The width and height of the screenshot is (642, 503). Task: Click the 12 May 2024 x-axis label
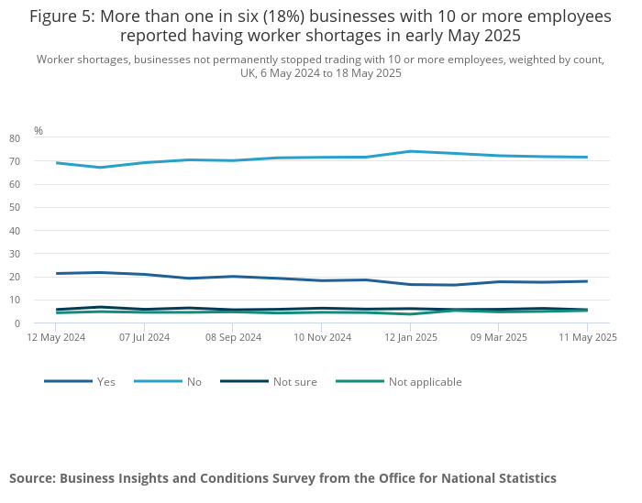tap(56, 337)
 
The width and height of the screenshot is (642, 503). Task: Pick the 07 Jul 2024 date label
tap(143, 337)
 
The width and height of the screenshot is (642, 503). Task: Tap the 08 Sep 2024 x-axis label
tap(233, 337)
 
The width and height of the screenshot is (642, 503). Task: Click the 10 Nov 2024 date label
tap(322, 337)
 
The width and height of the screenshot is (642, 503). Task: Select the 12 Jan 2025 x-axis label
tap(411, 337)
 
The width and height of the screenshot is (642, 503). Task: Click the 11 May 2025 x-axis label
tap(589, 337)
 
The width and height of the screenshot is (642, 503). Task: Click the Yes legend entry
tap(105, 382)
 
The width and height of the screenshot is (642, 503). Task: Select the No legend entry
tap(194, 382)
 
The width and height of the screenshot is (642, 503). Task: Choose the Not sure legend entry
tap(294, 382)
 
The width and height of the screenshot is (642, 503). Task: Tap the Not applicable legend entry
tap(425, 382)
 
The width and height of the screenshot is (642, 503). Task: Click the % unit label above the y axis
tap(39, 131)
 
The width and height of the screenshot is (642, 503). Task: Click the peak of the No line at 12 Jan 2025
tap(410, 151)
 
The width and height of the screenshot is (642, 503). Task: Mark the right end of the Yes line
tap(587, 281)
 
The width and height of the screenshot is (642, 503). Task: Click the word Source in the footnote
tap(33, 478)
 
